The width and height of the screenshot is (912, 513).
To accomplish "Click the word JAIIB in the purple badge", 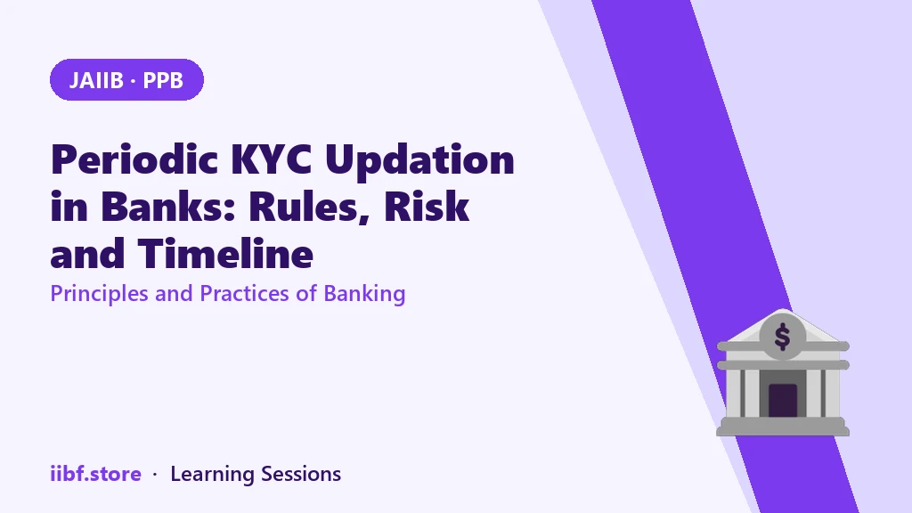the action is [96, 80].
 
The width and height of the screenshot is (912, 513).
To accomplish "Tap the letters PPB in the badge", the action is [163, 80].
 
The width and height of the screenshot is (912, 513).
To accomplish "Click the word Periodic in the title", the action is [134, 159].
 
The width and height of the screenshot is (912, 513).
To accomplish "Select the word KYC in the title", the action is [271, 159].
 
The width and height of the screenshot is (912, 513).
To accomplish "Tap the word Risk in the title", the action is [427, 207].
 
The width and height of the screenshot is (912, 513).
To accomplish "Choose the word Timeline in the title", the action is [225, 254].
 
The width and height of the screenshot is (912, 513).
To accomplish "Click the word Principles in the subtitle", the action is [99, 294].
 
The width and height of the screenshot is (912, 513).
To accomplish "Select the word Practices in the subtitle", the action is [245, 293].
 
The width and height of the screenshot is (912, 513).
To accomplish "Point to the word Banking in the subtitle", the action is [364, 294].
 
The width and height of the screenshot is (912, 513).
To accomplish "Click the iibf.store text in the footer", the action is [95, 474].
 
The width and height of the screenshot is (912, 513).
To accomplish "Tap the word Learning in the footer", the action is [212, 475].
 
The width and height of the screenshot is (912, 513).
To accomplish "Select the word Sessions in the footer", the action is [301, 474].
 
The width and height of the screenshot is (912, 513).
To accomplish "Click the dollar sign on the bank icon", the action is [782, 336].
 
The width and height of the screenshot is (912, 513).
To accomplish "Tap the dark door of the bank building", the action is [783, 400].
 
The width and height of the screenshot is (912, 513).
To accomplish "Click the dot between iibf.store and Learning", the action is [155, 475].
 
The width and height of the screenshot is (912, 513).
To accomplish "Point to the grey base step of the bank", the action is [783, 427].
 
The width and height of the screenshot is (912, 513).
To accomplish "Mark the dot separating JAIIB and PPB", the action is [134, 81].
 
